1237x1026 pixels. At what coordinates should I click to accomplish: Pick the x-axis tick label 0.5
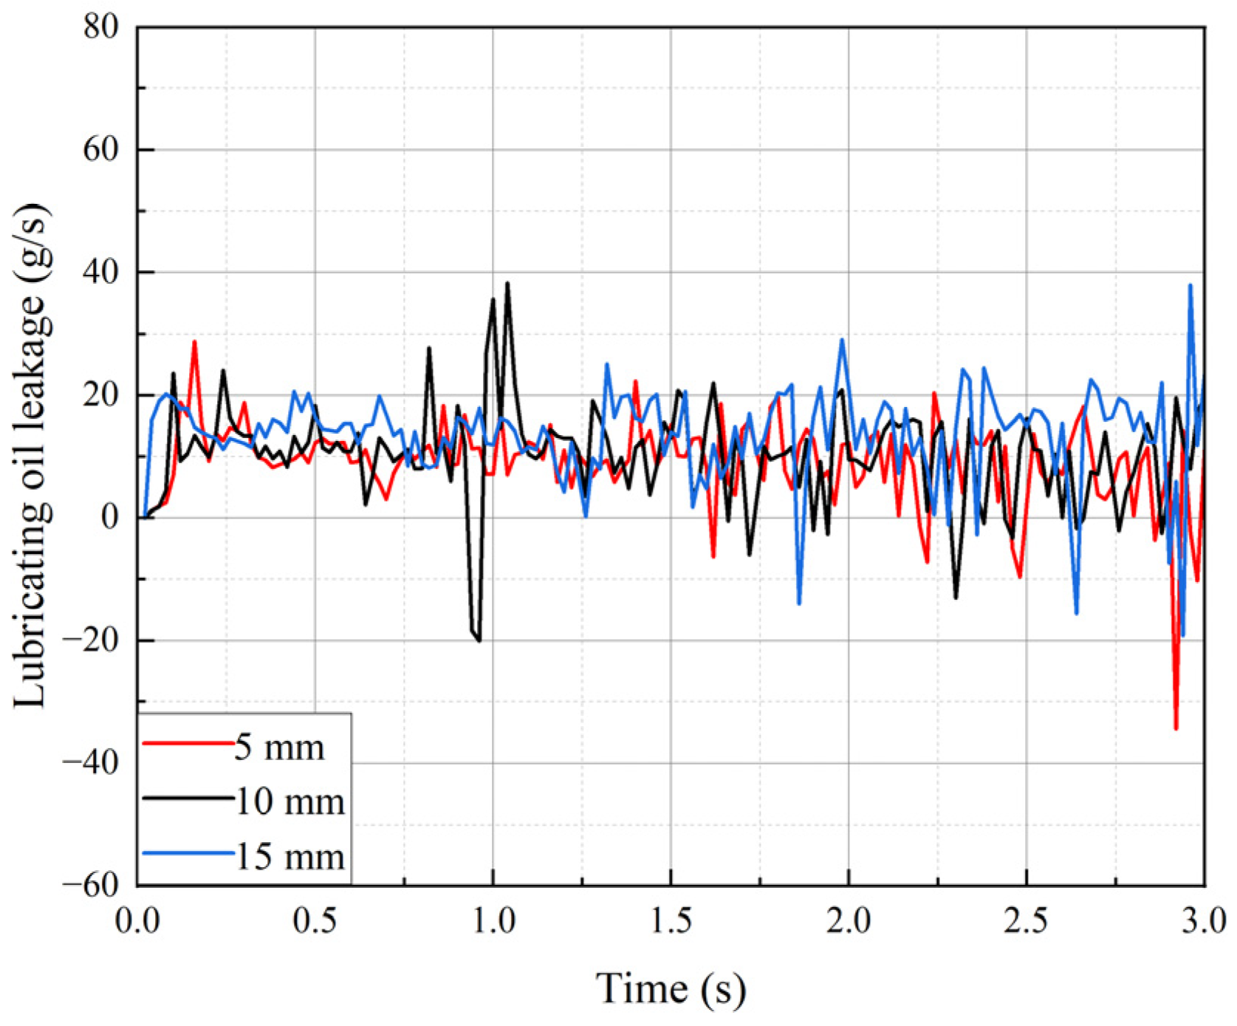click(x=315, y=921)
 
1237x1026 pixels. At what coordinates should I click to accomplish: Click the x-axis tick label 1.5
click(x=671, y=921)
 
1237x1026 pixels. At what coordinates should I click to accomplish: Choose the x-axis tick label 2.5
click(x=1027, y=921)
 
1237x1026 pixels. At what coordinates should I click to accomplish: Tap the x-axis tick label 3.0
click(x=1204, y=921)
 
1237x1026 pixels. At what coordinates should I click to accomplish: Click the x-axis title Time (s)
click(x=671, y=988)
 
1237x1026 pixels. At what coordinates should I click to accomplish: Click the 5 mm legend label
click(x=280, y=748)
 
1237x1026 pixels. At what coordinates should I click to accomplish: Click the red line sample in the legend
click(x=188, y=742)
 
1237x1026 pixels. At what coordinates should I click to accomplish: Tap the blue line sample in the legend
click(x=188, y=853)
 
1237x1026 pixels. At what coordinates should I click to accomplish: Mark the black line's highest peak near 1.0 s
click(x=507, y=283)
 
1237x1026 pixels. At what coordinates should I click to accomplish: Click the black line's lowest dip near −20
click(x=479, y=640)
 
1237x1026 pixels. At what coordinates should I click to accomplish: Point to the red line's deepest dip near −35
click(x=1176, y=729)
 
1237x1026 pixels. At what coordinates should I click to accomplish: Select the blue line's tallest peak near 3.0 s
click(x=1190, y=285)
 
